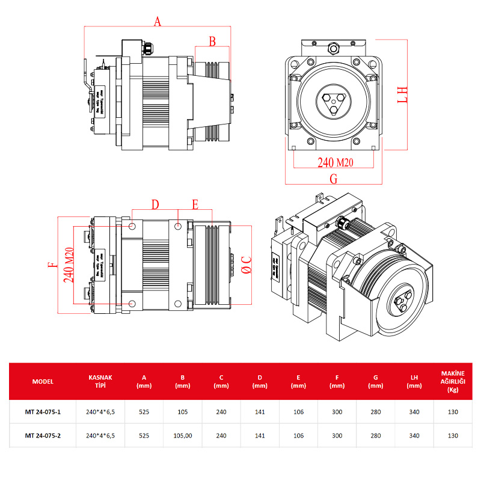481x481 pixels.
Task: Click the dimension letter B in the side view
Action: (x=212, y=41)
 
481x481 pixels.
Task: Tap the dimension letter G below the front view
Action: (x=334, y=179)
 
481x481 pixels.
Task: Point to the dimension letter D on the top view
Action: (x=155, y=205)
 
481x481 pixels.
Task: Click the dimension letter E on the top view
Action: (x=195, y=205)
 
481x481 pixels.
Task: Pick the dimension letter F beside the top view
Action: (x=52, y=264)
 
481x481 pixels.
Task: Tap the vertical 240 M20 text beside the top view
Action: (x=69, y=265)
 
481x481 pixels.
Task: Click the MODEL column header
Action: (x=43, y=382)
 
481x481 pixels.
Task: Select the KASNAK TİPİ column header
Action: (x=100, y=382)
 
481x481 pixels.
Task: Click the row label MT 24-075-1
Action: (x=43, y=412)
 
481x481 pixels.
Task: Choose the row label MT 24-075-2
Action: (x=43, y=435)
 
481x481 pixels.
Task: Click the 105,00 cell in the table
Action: (x=183, y=435)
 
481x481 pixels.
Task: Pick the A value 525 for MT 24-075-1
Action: (x=144, y=412)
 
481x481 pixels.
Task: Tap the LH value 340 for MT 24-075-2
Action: (x=414, y=435)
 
